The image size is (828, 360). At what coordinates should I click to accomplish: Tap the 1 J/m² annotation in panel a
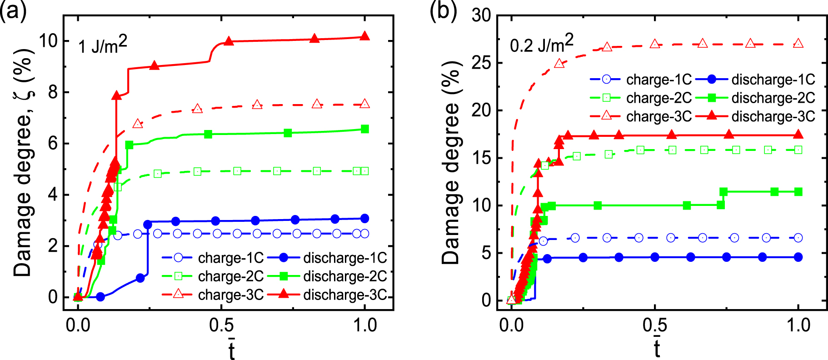click(102, 45)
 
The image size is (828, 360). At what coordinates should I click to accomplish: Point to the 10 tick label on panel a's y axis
click(49, 41)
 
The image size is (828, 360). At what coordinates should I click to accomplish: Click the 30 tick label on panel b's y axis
click(481, 15)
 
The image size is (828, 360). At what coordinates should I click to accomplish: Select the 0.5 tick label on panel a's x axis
click(221, 325)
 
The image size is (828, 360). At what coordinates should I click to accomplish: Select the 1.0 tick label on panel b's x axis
click(798, 325)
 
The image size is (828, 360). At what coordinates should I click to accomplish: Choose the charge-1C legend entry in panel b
click(641, 80)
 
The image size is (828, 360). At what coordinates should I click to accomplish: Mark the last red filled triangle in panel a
click(364, 36)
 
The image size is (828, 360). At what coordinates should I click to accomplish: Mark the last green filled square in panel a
click(364, 129)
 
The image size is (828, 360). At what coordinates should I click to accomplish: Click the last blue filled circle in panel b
click(798, 257)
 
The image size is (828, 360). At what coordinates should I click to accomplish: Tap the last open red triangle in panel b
click(798, 44)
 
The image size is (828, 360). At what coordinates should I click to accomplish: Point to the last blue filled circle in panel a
click(364, 218)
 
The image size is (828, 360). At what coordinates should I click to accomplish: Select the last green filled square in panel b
click(798, 192)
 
